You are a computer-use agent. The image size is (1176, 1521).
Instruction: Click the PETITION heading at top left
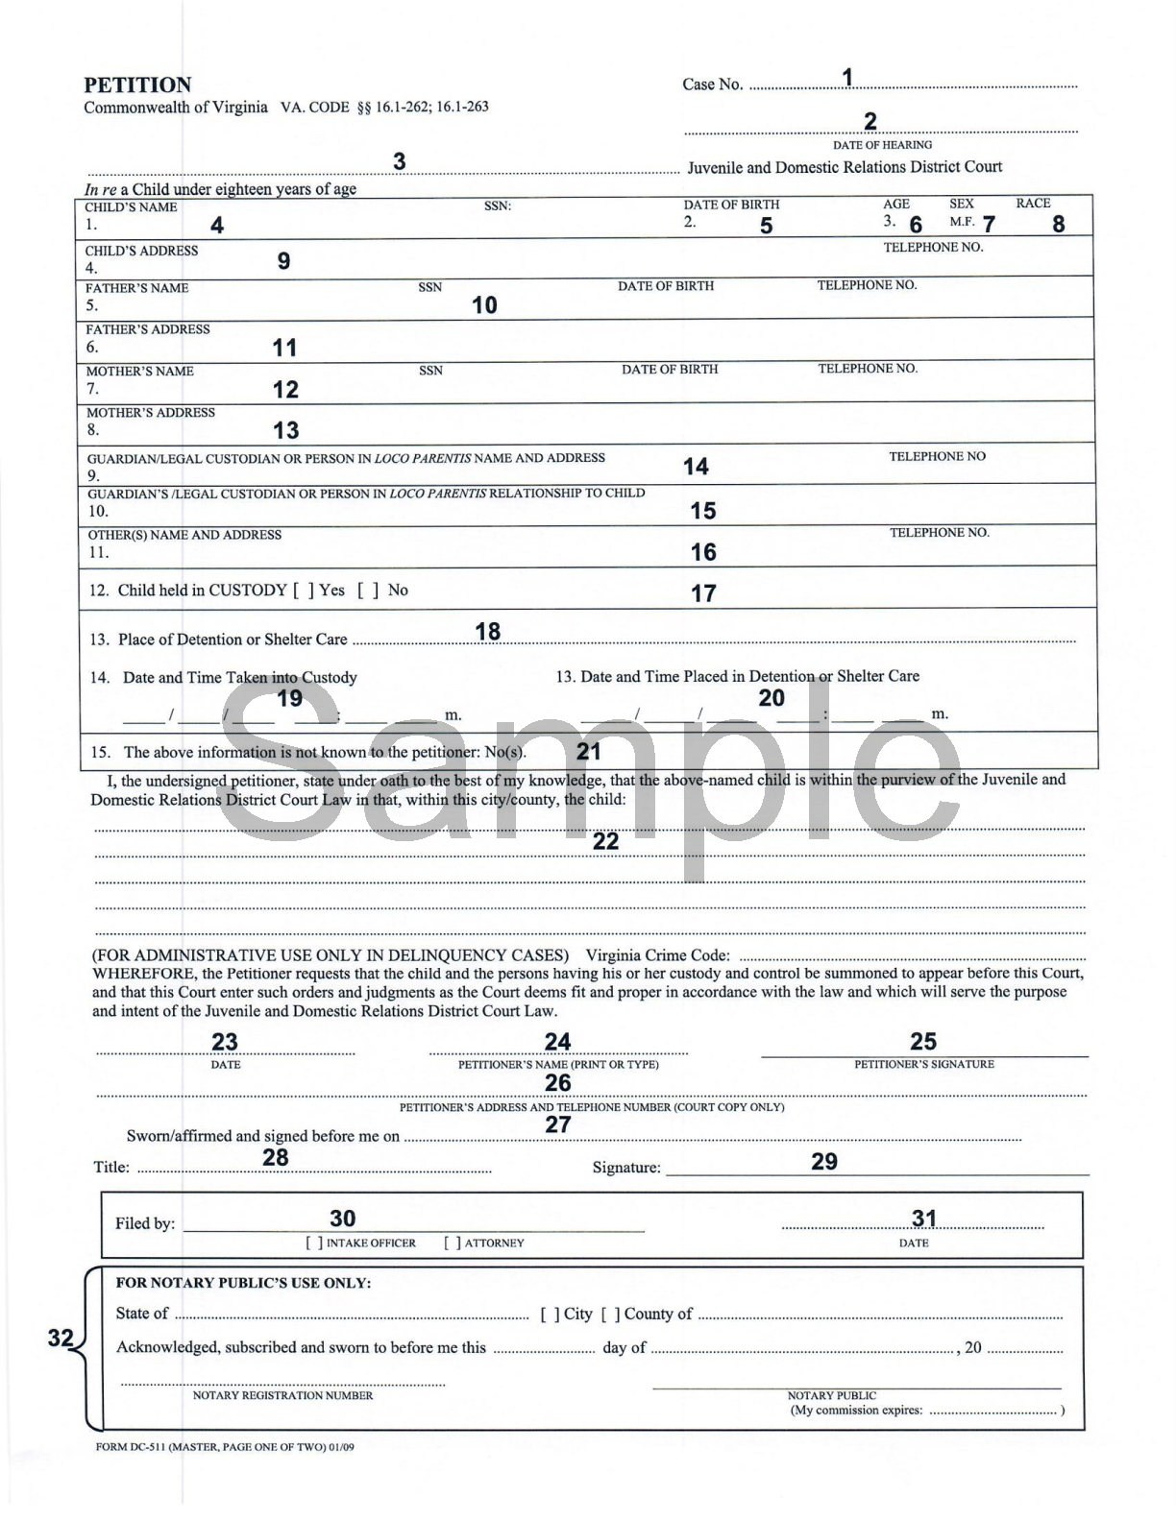pos(137,84)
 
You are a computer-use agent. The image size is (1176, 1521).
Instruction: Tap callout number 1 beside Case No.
pos(847,77)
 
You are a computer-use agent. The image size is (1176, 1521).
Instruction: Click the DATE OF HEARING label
pos(882,145)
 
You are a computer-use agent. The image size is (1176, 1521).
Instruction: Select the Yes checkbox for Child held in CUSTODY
pos(304,591)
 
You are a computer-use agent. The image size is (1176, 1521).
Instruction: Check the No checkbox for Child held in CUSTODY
pos(368,591)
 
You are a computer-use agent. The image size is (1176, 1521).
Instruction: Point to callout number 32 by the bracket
pos(61,1338)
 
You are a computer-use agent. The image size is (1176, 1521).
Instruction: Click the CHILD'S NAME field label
pos(131,207)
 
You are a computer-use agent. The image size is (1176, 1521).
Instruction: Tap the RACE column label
pos(1033,204)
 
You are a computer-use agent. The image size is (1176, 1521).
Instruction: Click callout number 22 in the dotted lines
pos(606,841)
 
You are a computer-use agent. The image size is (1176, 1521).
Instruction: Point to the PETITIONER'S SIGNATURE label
pos(924,1064)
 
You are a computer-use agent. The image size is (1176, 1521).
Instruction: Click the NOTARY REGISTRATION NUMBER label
pos(282,1395)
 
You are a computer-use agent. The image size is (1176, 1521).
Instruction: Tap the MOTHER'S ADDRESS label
pos(151,413)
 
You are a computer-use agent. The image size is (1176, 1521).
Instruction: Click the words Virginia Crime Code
pos(658,955)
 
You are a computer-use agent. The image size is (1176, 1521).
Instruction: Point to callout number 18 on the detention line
pos(488,631)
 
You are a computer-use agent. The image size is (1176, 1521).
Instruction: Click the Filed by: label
pos(145,1224)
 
